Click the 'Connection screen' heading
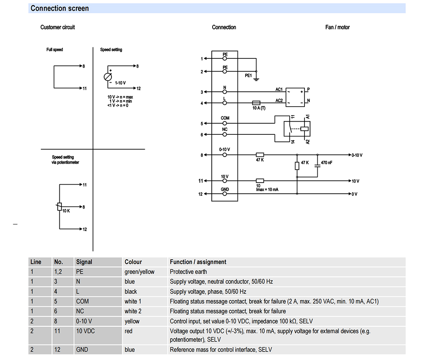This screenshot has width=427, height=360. coord(60,9)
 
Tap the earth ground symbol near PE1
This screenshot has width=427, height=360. coord(256,79)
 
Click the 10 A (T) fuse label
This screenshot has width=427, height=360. coord(259,108)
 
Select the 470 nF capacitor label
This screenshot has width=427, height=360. coord(327,163)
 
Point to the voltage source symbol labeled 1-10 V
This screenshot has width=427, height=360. coord(108,77)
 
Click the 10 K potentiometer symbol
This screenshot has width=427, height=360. coord(59,207)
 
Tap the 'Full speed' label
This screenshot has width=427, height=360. coord(55,49)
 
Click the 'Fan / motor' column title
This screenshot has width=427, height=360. coord(337,27)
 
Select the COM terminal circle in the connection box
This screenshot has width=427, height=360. coord(225,123)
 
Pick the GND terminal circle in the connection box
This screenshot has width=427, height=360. coord(225,194)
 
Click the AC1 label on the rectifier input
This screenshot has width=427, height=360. coord(279,89)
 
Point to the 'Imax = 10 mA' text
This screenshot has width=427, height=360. coord(267,190)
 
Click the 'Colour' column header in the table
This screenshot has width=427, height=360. coord(133,262)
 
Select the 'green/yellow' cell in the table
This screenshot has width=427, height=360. coord(140,272)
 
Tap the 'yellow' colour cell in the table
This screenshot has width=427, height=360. coord(132,321)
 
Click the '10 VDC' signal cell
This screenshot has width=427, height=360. coord(85,331)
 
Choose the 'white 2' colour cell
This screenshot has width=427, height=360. coord(133,311)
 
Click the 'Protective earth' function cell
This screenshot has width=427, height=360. coord(188,272)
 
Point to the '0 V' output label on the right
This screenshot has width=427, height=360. coord(354,194)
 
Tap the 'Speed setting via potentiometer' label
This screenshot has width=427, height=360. coord(65,160)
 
